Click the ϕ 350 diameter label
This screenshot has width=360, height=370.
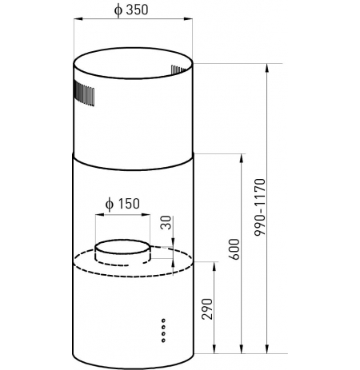tap(130, 10)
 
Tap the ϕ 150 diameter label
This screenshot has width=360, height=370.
tap(122, 204)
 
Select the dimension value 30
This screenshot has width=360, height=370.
tap(166, 223)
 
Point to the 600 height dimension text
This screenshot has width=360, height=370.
tap(234, 249)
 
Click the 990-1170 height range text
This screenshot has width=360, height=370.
tap(260, 207)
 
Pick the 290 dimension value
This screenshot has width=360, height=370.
tap(207, 309)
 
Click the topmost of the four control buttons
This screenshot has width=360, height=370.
tap(163, 320)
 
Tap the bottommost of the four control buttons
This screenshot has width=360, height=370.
tap(163, 340)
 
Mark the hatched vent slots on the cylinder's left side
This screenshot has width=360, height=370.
tap(84, 93)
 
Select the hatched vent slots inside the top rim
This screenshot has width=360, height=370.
tap(178, 70)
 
